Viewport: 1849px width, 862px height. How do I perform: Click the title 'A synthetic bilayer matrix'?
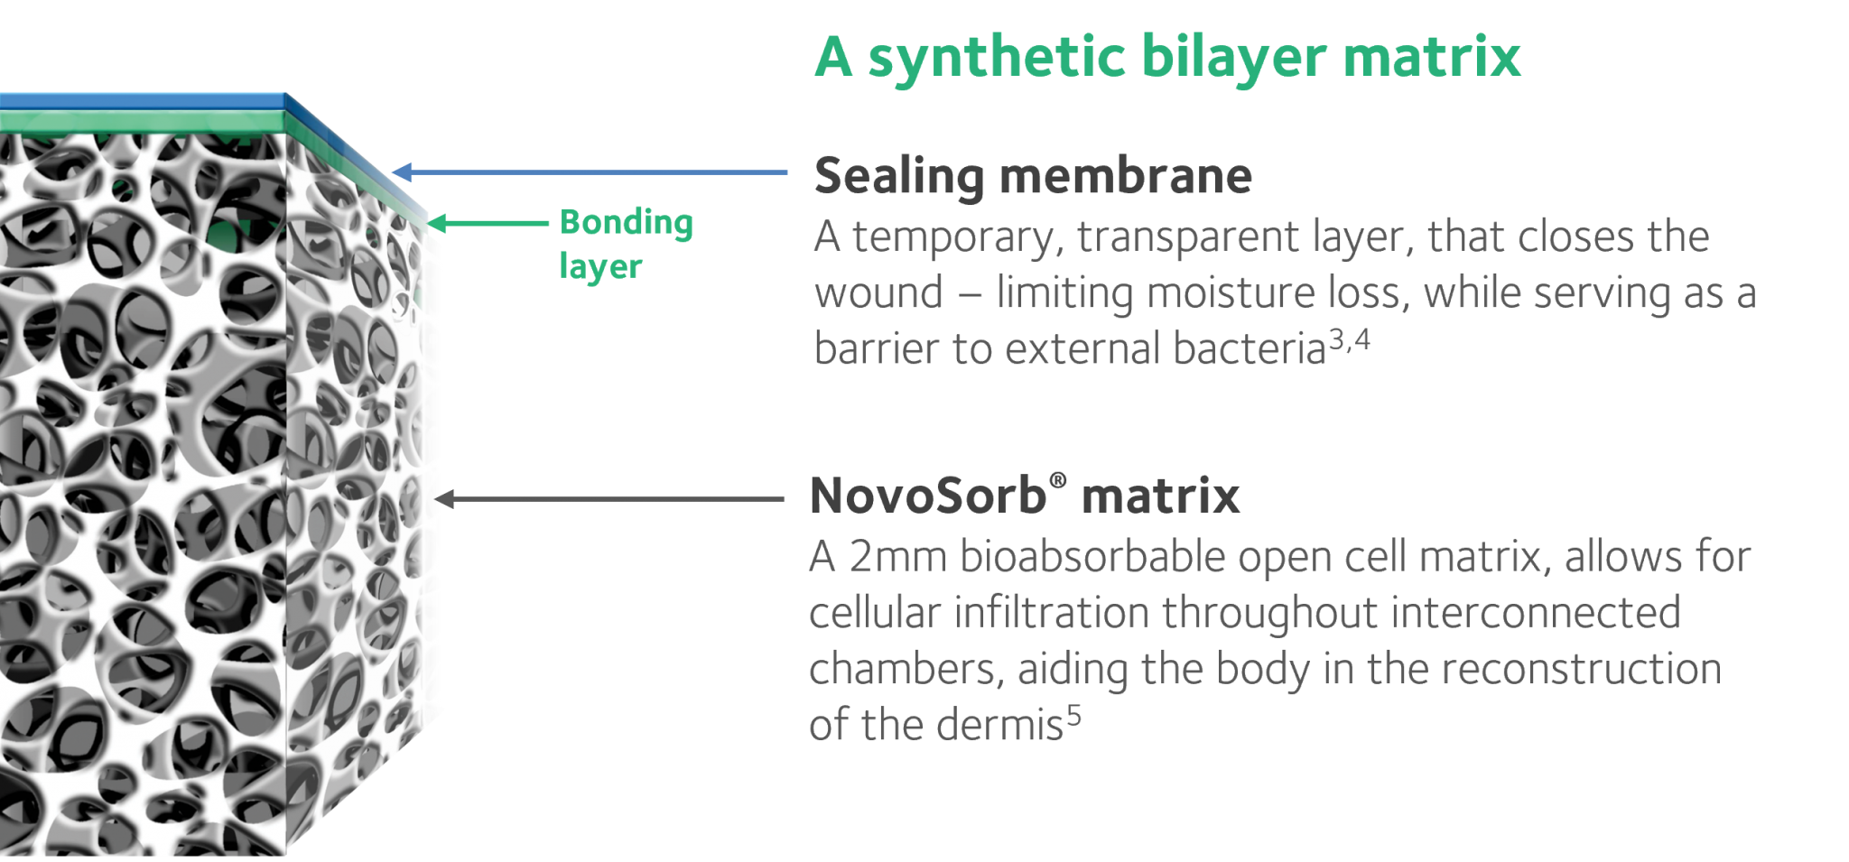(x=1167, y=58)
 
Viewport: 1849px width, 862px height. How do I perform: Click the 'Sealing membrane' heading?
(x=1033, y=176)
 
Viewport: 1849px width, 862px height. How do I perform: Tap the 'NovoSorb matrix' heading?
(x=1025, y=496)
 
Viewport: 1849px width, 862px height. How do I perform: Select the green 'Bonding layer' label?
(x=626, y=244)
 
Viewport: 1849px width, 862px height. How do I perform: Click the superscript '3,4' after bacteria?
(x=1350, y=339)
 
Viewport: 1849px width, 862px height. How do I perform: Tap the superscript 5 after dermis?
(x=1073, y=716)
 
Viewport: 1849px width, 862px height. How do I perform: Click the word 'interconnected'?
(x=1535, y=613)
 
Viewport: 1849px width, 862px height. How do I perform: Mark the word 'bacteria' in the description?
(x=1250, y=349)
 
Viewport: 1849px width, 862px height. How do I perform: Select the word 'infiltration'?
(x=1051, y=613)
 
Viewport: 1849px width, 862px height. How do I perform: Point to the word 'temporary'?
(x=956, y=237)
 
